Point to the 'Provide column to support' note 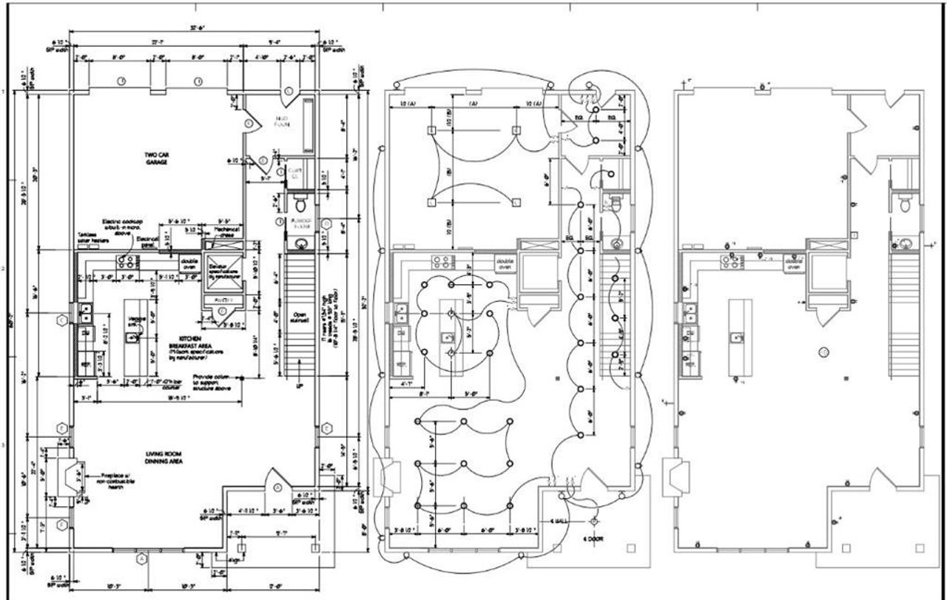coord(215,382)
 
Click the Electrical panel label coord(152,243)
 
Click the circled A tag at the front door coord(277,488)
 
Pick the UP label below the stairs coord(300,387)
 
